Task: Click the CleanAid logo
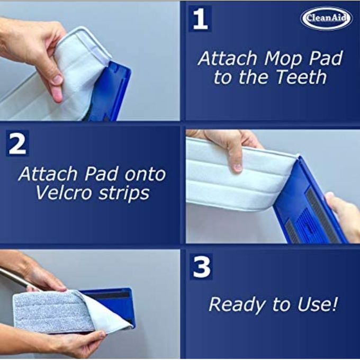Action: (x=326, y=18)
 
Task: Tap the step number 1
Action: (x=200, y=19)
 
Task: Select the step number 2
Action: (x=17, y=143)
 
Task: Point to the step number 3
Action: (x=201, y=267)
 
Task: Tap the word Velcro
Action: (x=65, y=193)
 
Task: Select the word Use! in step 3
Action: (x=318, y=303)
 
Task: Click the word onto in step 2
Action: (x=145, y=175)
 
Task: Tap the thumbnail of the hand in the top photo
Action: (x=57, y=80)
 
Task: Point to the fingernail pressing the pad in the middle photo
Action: (x=237, y=167)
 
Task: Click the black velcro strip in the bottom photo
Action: (x=107, y=295)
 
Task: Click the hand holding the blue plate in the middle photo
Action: (x=344, y=216)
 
